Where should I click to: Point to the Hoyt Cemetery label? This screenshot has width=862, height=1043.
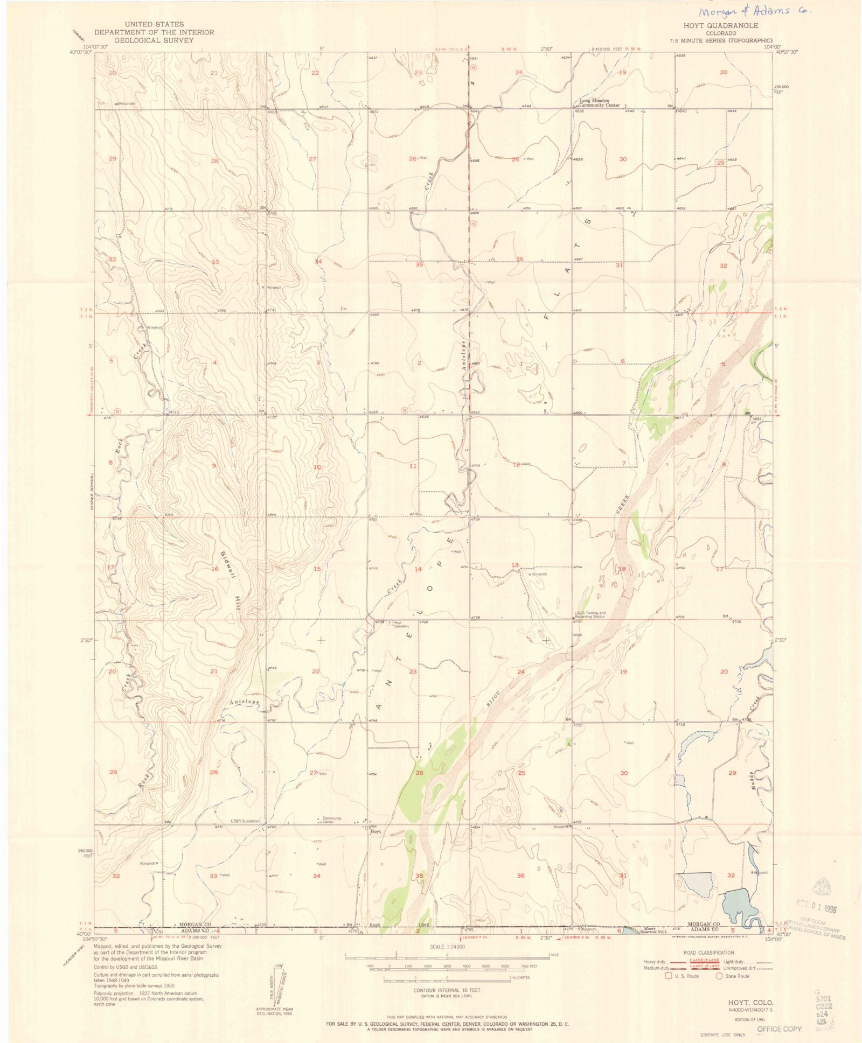coord(401,625)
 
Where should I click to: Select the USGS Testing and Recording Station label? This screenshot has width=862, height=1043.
coord(589,614)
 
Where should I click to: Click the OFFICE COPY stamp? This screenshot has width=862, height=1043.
coord(779,1028)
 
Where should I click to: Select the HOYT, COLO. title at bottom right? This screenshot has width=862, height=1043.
coord(750,1003)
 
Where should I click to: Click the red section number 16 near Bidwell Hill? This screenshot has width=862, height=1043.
coord(214,569)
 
